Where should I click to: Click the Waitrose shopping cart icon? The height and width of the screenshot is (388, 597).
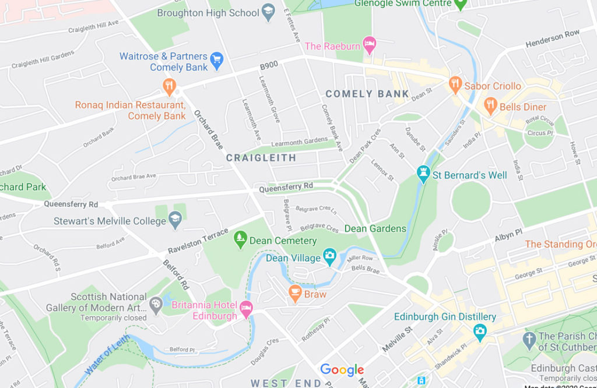click(217, 60)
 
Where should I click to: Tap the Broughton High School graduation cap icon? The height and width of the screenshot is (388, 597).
click(268, 12)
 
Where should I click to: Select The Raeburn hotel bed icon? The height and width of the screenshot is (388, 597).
click(369, 45)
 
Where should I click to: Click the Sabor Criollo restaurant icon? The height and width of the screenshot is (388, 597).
click(455, 84)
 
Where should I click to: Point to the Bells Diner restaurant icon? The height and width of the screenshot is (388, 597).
click(490, 106)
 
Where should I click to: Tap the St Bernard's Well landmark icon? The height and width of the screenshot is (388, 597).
click(423, 174)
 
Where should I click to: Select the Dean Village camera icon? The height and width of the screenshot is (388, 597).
click(330, 256)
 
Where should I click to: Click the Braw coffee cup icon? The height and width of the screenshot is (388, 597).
click(295, 293)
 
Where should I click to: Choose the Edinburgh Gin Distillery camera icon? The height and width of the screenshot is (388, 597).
click(480, 332)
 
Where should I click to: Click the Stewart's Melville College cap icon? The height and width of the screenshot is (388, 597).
click(175, 220)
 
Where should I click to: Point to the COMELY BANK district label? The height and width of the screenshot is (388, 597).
click(367, 94)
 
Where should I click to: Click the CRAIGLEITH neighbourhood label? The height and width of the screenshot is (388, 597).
click(261, 158)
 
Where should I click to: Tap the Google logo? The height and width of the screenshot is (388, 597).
click(342, 369)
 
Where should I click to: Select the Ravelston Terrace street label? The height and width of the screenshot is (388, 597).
click(198, 241)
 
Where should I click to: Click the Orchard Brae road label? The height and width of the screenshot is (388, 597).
click(208, 129)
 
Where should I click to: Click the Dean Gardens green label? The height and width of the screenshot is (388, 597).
click(375, 228)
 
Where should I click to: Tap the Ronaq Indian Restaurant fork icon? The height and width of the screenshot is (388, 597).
click(169, 87)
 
